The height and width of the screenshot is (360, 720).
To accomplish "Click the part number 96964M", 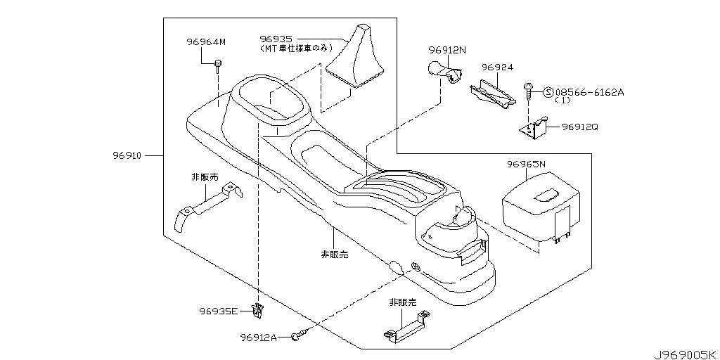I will click(206, 42).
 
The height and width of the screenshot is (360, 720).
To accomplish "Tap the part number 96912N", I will click(449, 51).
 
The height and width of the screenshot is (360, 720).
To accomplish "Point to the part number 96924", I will click(497, 67).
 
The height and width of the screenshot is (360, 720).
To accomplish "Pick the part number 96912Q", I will click(581, 127).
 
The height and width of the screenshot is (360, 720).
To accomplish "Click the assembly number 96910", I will click(127, 155).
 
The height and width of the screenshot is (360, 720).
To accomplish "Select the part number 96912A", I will click(259, 337).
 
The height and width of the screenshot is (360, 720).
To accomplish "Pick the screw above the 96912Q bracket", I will click(528, 90).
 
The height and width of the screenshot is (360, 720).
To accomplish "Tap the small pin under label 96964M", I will click(219, 65).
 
